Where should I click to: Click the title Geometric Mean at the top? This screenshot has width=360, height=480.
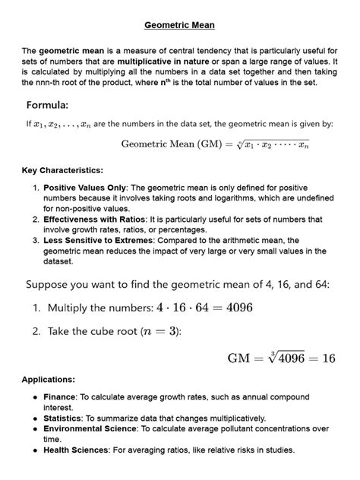(179, 25)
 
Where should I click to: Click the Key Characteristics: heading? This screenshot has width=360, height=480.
(62, 170)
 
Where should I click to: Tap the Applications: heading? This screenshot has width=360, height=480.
(48, 378)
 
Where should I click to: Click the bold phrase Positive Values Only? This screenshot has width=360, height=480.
(84, 186)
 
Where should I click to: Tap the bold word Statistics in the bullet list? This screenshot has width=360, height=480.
(65, 418)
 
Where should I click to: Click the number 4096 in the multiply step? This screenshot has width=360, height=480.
(235, 308)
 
